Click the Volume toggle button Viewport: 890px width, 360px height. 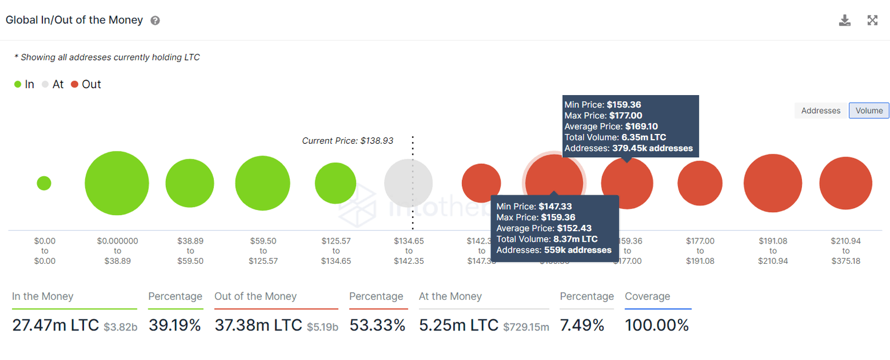(869, 111)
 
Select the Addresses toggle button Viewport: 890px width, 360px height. (820, 111)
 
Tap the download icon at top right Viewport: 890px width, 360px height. (845, 21)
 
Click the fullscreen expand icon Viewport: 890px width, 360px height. (872, 21)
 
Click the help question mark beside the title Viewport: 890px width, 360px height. (155, 21)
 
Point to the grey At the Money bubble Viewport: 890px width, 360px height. (408, 183)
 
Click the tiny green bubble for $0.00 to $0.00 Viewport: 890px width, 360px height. (44, 183)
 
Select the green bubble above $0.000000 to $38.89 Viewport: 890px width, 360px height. (117, 183)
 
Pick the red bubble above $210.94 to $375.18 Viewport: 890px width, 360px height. (845, 183)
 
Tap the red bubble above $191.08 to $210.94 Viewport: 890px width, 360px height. (773, 183)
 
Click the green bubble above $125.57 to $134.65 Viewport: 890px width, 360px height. (335, 183)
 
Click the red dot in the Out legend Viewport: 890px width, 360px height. (75, 85)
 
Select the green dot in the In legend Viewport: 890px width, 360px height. (17, 85)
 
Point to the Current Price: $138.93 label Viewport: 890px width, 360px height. (348, 141)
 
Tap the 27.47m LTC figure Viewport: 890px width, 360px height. (56, 325)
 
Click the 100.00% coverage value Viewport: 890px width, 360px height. (657, 325)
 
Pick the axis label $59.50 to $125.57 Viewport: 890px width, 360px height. (264, 251)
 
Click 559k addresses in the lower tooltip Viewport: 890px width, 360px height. (578, 250)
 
